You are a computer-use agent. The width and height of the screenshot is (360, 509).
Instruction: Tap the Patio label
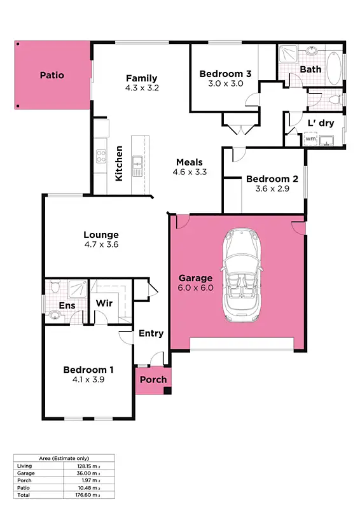coord(52,75)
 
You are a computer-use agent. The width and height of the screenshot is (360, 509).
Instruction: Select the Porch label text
coord(153,380)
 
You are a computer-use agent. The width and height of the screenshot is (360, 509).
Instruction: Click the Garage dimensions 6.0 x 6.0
coord(195,288)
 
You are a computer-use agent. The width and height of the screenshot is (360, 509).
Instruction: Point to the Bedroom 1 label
coord(88,370)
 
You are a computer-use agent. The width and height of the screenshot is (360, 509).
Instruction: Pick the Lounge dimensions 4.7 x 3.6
coord(101,244)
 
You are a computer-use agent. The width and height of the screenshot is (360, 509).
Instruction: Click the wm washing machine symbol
coord(310,138)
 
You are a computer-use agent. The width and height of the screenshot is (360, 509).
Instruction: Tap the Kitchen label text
coord(119,164)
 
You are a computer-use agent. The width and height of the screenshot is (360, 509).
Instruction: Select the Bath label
coord(310,69)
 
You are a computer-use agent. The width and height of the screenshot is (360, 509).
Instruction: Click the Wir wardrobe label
coord(104,303)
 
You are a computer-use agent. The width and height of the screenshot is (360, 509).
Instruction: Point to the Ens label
coord(67,306)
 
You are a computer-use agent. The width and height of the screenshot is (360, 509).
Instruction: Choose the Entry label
coord(151,333)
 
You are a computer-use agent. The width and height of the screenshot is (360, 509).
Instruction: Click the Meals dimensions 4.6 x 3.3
coord(190,171)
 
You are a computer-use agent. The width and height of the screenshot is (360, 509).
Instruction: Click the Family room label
coord(141,79)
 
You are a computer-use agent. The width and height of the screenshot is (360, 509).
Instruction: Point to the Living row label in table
coord(24,466)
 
